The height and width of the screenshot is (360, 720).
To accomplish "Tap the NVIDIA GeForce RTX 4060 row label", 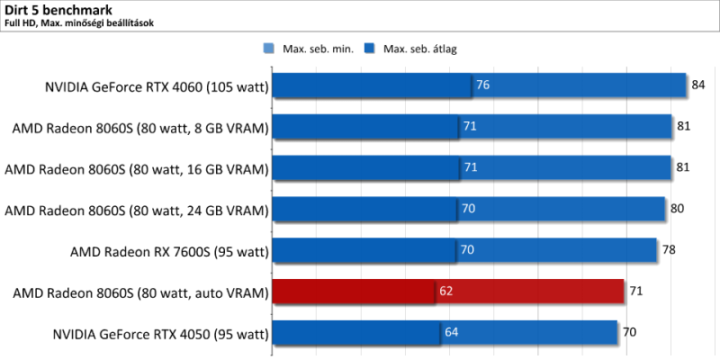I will click(x=157, y=86).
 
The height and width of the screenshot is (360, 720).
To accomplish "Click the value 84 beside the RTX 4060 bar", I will click(x=698, y=85).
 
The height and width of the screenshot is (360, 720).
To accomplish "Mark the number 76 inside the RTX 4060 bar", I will click(x=482, y=85).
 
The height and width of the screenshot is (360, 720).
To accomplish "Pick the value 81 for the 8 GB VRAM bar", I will click(x=684, y=127).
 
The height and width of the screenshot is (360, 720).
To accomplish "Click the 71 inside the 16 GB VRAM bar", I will click(x=470, y=168).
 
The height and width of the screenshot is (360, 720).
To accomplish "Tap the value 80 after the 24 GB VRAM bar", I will click(x=678, y=210).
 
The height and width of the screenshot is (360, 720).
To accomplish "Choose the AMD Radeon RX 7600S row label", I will click(x=170, y=252).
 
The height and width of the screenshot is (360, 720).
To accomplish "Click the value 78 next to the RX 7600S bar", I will click(x=669, y=251).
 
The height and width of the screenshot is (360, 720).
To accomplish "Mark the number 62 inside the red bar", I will click(x=446, y=292).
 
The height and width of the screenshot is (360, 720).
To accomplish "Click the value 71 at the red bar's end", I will click(x=636, y=292).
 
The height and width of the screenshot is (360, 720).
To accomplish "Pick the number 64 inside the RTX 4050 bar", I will click(x=452, y=334).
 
